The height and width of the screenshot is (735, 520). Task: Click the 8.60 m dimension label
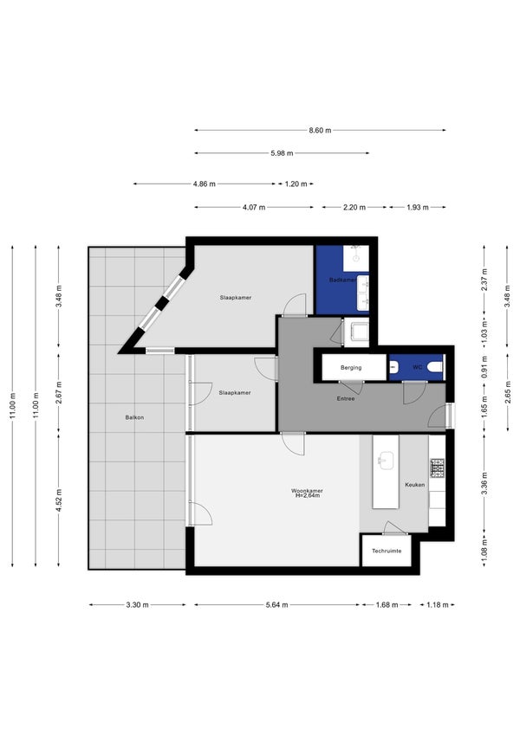coord(320,131)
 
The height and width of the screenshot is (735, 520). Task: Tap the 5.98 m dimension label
coord(282,153)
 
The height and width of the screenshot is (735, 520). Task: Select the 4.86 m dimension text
coord(205,184)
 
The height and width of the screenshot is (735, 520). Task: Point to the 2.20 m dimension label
coord(354,207)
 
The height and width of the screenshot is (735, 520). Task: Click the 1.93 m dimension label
coord(417,207)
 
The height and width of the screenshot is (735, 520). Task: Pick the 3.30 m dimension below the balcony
coord(137,604)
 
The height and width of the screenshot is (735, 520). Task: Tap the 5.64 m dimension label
coord(276,604)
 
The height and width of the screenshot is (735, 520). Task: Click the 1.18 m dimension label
coord(437,604)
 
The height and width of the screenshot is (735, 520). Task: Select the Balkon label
coord(134,417)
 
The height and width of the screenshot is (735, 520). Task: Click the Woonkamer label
coord(307,491)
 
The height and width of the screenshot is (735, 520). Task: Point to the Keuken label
coord(415,485)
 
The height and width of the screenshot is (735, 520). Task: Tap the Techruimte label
coord(387,551)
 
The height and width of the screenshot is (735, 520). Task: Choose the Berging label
coord(351,367)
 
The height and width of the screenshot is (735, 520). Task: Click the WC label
coord(417,367)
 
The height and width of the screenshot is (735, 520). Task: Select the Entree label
coord(346,398)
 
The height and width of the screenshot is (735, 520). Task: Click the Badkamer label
coord(342,280)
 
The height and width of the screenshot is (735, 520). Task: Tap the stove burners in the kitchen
coord(438,468)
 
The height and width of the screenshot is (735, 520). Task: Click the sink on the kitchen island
coord(386,460)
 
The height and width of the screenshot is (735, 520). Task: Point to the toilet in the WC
coord(435,367)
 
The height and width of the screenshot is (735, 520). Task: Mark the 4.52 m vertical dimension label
coord(59,500)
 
